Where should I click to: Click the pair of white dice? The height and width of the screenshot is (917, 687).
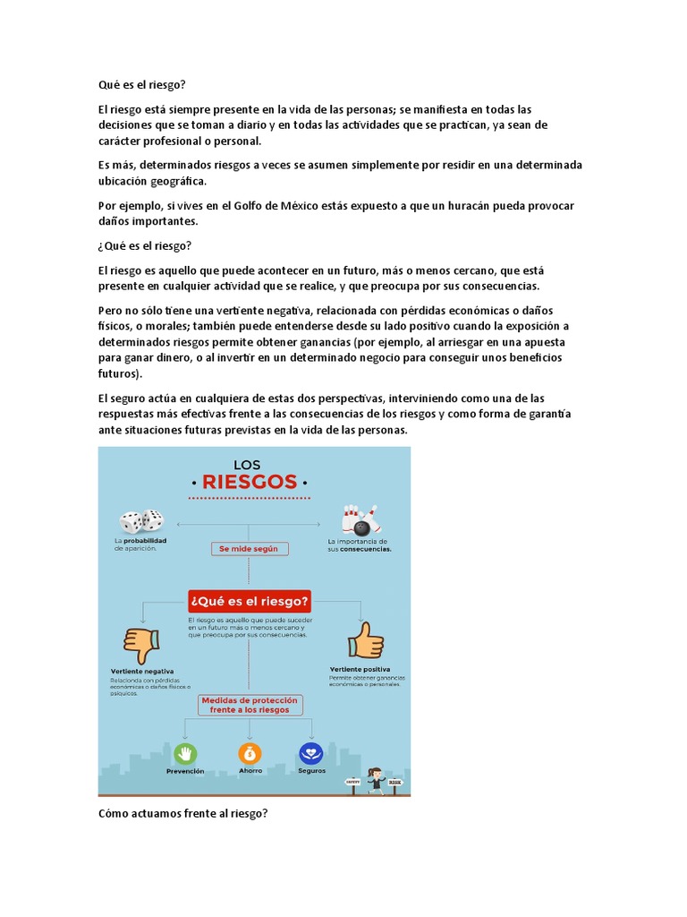coord(141,521)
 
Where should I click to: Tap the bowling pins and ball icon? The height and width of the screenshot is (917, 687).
coord(360,519)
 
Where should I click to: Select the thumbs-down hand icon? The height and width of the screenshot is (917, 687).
coord(141,644)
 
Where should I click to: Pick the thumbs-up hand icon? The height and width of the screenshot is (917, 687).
coord(366,640)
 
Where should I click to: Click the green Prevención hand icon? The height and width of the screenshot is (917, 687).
coord(185,753)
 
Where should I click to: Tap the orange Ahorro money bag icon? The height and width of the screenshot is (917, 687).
coord(250,753)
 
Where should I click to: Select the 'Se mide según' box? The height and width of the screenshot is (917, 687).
coord(249,548)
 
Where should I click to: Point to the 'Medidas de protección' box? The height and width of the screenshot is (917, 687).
coord(250,704)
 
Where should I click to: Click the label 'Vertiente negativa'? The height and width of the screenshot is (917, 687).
coord(142,671)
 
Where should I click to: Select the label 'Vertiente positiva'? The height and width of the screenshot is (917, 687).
coord(360,669)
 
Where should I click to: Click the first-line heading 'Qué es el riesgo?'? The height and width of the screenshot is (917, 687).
coord(141,85)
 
